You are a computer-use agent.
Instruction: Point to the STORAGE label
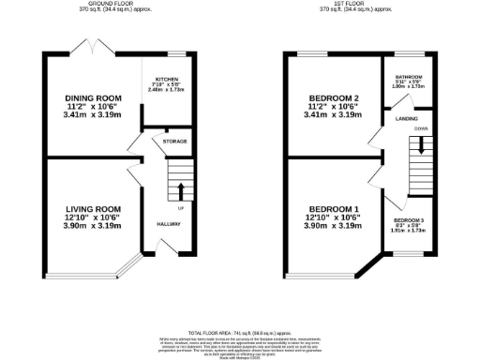tap(175, 142)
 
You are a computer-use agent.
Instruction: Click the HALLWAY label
tap(169, 224)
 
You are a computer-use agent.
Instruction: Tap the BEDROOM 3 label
tap(408, 218)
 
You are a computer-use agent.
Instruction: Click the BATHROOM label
tap(408, 77)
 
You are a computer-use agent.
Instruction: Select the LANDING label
tap(407, 118)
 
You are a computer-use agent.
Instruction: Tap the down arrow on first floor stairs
tap(422, 146)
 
